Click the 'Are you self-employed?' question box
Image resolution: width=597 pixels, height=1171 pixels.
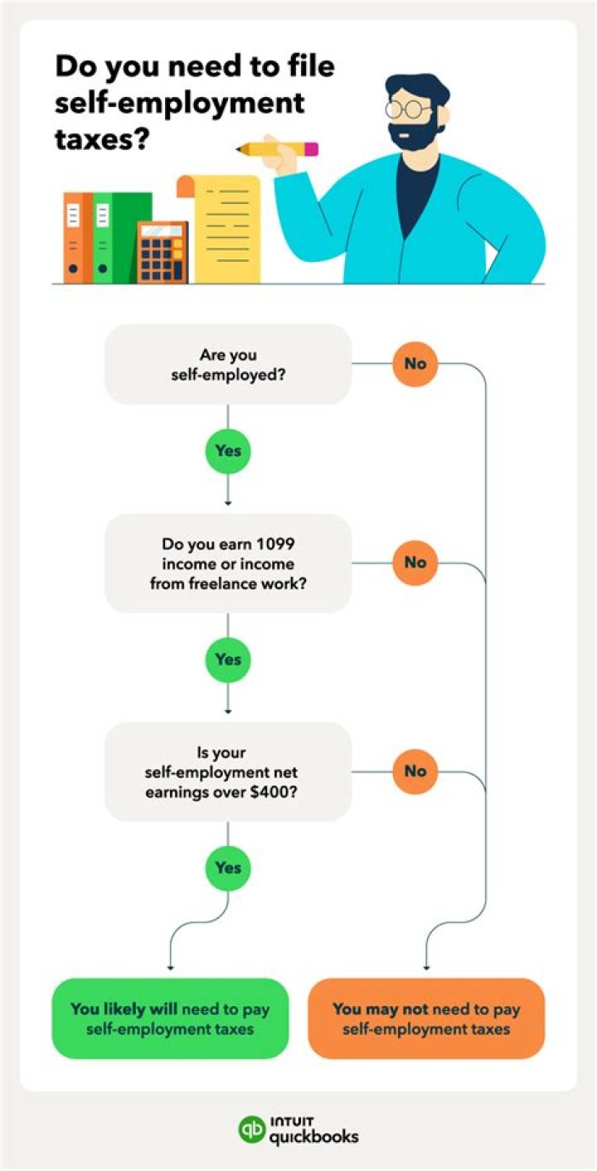click(x=228, y=365)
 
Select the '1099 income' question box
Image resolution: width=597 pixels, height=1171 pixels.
click(x=228, y=564)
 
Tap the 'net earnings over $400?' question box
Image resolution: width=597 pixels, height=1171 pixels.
click(x=228, y=772)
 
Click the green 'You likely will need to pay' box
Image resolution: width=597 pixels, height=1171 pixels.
click(x=170, y=1019)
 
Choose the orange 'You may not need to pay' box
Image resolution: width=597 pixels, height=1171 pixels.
click(x=426, y=1019)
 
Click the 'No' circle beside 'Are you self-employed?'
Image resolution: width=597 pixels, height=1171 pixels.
click(x=415, y=364)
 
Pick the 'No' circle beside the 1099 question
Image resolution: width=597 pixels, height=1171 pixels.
click(x=415, y=563)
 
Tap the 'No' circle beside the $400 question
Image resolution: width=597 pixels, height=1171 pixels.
click(x=415, y=771)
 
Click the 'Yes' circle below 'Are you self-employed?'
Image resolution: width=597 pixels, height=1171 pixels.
click(x=227, y=451)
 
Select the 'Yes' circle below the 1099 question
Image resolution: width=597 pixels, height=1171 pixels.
click(x=227, y=660)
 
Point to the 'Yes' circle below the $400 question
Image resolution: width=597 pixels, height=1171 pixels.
click(x=227, y=869)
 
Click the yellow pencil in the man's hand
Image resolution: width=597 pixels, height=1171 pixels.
click(x=277, y=149)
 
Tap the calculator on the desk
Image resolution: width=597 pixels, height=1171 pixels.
click(x=163, y=252)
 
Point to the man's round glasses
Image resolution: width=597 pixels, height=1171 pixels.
click(x=409, y=109)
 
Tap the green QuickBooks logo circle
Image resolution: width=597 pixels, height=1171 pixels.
click(x=252, y=1130)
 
